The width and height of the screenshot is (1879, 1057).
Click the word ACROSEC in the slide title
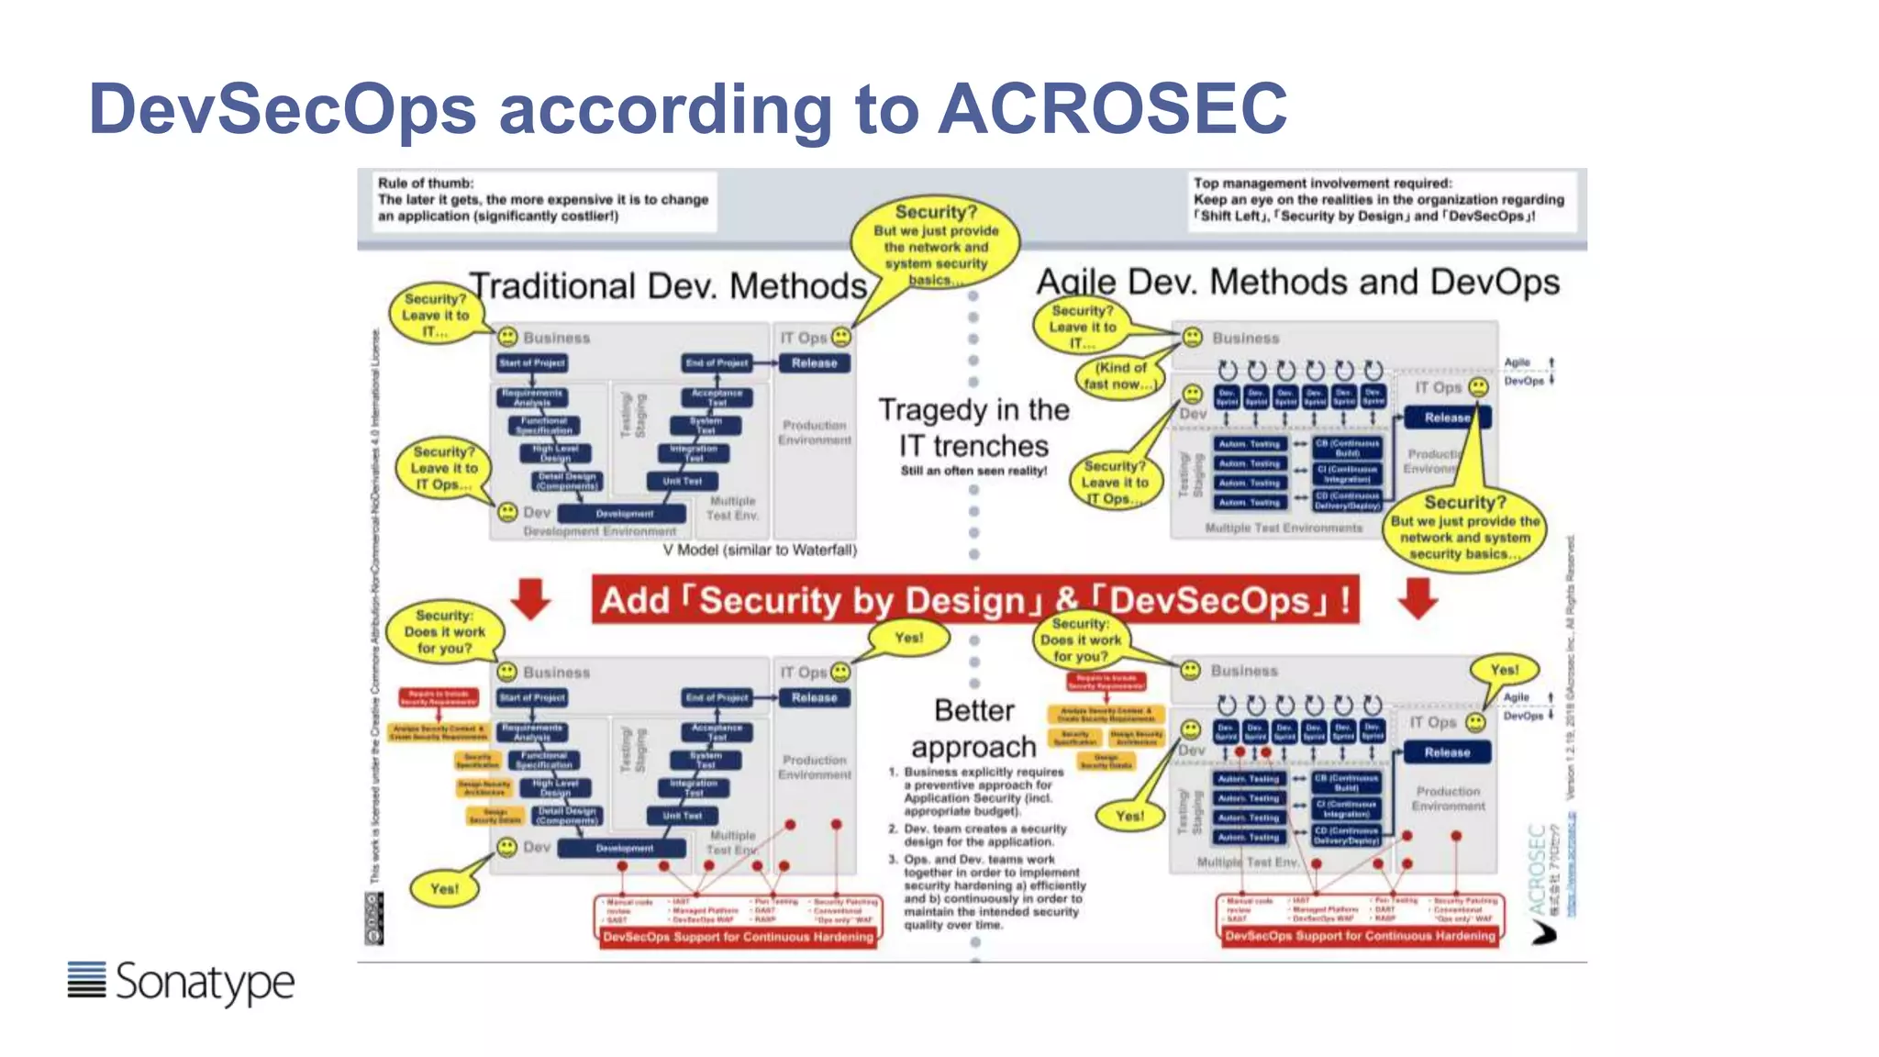1112,108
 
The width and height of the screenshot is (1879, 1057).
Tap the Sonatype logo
182,982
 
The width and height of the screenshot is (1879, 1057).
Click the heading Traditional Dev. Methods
668,286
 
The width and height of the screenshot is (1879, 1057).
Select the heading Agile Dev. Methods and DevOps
1297,282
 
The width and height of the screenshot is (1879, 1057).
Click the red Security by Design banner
974,600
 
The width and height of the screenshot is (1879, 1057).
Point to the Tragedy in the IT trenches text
974,428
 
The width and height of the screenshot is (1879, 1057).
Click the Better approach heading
974,729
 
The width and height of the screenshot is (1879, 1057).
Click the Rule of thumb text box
543,200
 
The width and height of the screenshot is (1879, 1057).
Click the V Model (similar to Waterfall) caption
760,550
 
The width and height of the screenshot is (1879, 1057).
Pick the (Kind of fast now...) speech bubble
1119,375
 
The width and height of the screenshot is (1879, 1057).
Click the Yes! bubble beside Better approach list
1129,816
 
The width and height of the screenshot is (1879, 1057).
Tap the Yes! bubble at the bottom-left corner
444,888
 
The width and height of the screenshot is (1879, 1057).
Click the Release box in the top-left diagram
814,363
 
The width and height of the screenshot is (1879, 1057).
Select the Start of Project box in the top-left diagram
532,363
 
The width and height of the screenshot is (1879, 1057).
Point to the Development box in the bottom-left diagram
624,848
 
